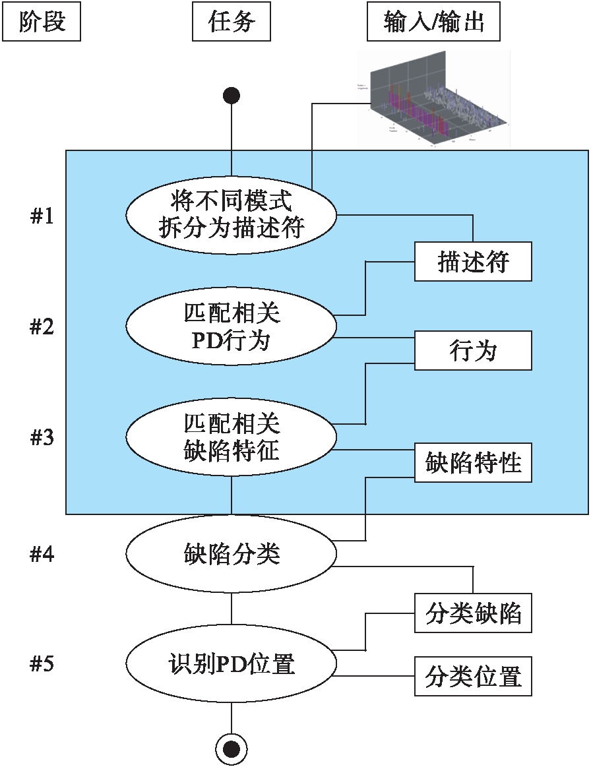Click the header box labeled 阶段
[42, 22]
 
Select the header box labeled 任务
[232, 22]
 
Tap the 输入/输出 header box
[433, 22]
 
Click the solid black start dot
[232, 96]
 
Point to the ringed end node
[232, 748]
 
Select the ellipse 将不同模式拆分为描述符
[232, 214]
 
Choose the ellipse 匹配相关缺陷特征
[232, 437]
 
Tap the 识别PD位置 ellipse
[232, 663]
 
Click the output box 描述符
[473, 262]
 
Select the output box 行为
[473, 351]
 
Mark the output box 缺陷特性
[473, 462]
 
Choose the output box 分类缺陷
[473, 613]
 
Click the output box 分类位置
[473, 676]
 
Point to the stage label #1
[42, 216]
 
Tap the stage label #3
[42, 438]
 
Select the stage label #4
[42, 555]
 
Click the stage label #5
[42, 664]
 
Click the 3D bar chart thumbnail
[433, 98]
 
